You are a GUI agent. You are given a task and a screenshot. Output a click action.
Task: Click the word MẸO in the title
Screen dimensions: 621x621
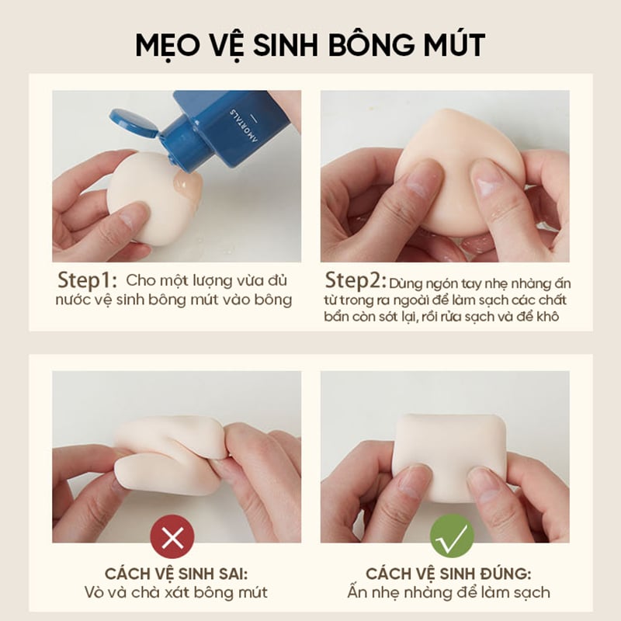pyautogui.click(x=168, y=45)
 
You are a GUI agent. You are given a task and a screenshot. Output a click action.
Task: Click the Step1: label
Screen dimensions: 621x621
pyautogui.click(x=88, y=281)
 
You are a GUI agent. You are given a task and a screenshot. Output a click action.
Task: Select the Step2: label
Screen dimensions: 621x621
pyautogui.click(x=356, y=281)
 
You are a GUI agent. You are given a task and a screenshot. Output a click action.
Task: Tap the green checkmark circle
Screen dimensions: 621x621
pyautogui.click(x=452, y=536)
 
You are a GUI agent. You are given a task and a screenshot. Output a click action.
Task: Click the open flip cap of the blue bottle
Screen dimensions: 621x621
pyautogui.click(x=134, y=123)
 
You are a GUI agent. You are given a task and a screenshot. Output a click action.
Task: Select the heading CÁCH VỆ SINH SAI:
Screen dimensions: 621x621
pyautogui.click(x=176, y=574)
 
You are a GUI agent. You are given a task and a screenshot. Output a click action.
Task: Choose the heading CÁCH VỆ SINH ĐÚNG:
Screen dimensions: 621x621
pyautogui.click(x=449, y=574)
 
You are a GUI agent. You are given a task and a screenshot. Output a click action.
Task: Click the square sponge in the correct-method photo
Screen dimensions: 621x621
pyautogui.click(x=450, y=456)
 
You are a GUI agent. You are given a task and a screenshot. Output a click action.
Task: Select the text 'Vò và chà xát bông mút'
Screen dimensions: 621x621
pyautogui.click(x=176, y=593)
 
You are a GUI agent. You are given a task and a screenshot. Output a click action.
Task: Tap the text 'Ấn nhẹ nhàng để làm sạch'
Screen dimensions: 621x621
pyautogui.click(x=449, y=592)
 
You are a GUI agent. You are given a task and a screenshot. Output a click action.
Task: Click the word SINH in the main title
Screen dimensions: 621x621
pyautogui.click(x=285, y=45)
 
